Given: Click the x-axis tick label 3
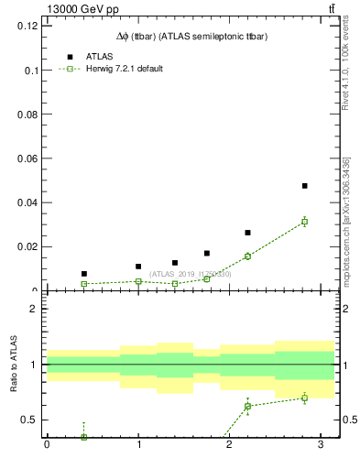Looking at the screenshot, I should click(321, 446).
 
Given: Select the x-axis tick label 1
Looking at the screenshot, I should click(138, 446).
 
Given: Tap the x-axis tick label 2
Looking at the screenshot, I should click(229, 446).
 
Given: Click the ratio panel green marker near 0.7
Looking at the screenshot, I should click(304, 398).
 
